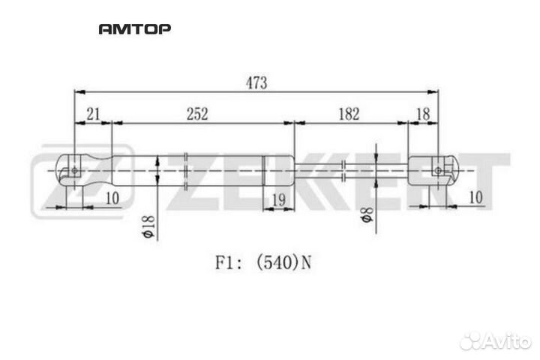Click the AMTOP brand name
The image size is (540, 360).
click(135, 29)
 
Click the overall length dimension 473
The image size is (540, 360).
click(256, 83)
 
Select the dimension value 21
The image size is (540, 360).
click(93, 114)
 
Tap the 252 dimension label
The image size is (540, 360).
click(197, 114)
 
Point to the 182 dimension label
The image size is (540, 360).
click(349, 114)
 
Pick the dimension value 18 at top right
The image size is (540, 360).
click(423, 114)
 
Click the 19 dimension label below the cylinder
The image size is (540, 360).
click(278, 199)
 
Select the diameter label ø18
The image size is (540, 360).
click(148, 226)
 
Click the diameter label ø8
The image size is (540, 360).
click(367, 215)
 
